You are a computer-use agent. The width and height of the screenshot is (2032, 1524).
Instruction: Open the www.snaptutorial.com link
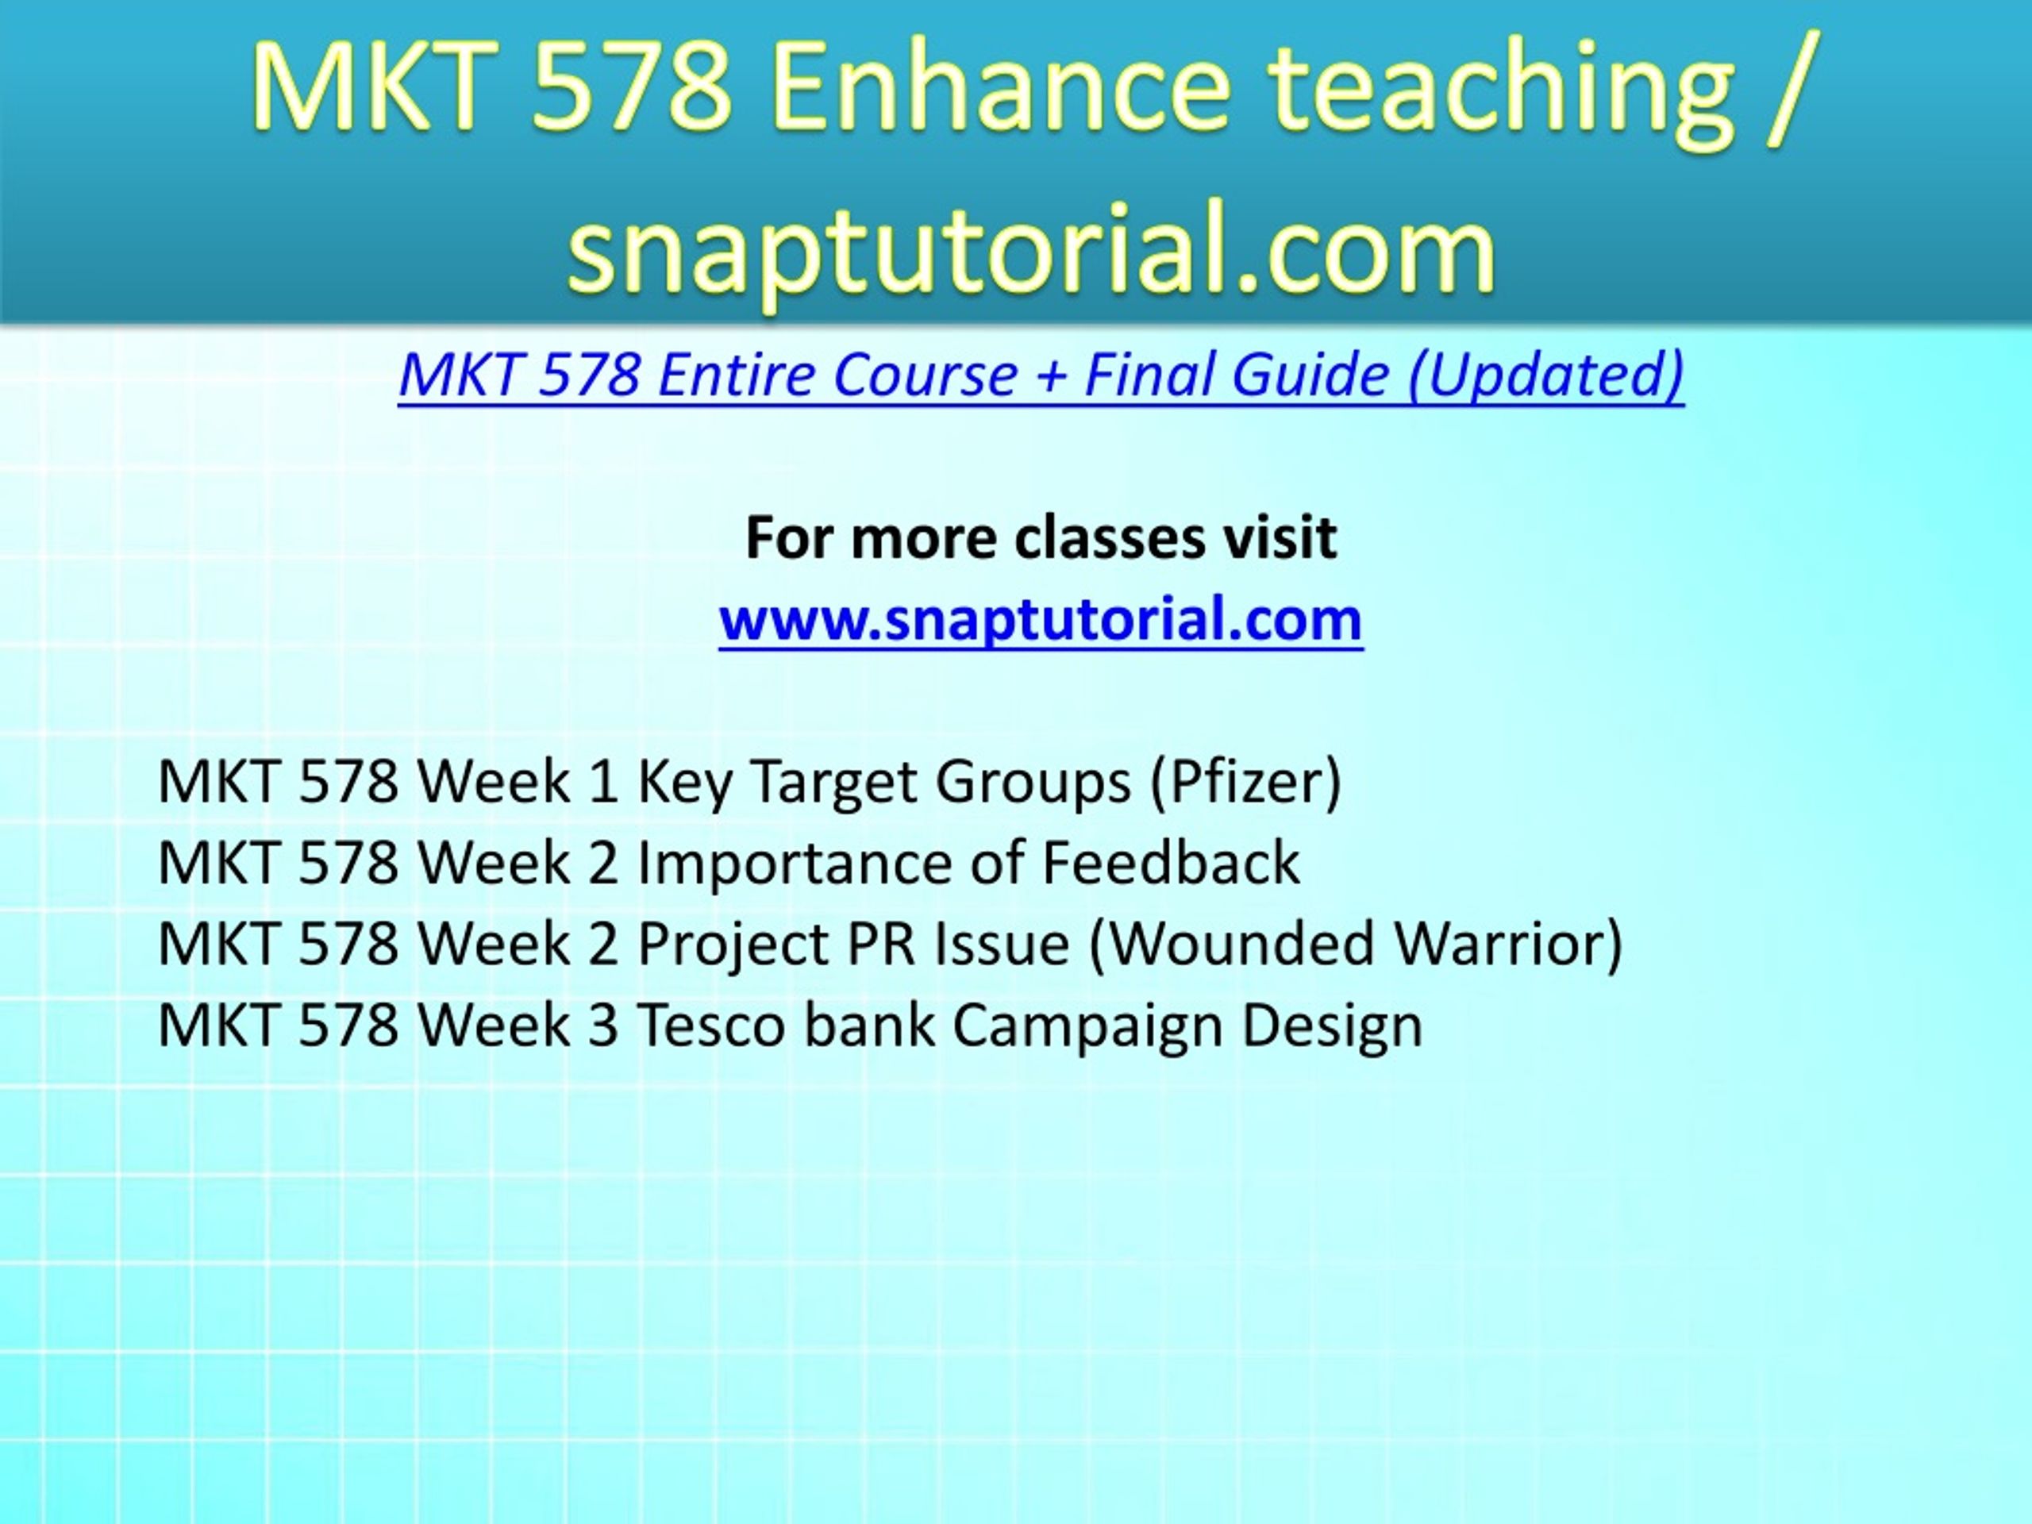(x=1041, y=620)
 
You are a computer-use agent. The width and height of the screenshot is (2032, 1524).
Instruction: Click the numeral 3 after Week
(x=602, y=1026)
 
